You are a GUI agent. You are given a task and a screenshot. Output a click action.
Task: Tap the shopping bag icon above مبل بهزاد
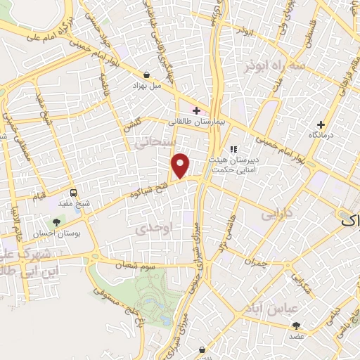(x=146, y=75)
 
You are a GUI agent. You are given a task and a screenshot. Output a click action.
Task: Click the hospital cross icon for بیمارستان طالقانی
(x=195, y=110)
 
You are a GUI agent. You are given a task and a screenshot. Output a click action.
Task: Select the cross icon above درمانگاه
(x=320, y=124)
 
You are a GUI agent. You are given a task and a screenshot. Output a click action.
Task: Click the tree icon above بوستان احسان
(x=57, y=222)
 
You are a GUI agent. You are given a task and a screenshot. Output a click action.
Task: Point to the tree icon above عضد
(x=295, y=325)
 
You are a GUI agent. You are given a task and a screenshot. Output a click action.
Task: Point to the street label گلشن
(x=131, y=124)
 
